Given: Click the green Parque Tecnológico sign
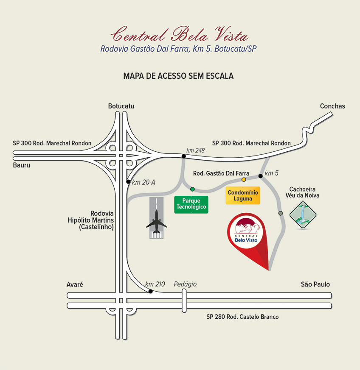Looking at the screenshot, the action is coord(191,205).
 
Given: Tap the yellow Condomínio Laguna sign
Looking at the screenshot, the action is coord(243,195).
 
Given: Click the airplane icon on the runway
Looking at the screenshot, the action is coord(157,221).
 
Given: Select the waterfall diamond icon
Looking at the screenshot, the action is coord(303,215).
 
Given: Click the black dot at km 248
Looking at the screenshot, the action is coord(184,156).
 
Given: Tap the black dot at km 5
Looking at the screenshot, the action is coord(261,176).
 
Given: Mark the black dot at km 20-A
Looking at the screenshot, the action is coord(128,182).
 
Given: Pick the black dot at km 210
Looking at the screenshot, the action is coord(151,292).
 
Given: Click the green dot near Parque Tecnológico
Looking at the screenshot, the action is coord(192,189).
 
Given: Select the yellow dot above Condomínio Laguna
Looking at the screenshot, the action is coord(244,180).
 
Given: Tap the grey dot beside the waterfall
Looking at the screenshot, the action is coord(281,213).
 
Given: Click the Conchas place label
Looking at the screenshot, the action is coord(332,106).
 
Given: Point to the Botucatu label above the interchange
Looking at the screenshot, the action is coord(121,106).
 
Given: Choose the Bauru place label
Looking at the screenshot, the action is coord(22,165).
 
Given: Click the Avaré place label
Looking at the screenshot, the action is coord(75,284).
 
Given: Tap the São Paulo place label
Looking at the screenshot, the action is coord(315,284).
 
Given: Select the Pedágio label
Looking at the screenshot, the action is coord(185,284).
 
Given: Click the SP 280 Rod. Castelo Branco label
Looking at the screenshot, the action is coord(242,317).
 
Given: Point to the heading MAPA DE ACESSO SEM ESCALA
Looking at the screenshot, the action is coord(178,76).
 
